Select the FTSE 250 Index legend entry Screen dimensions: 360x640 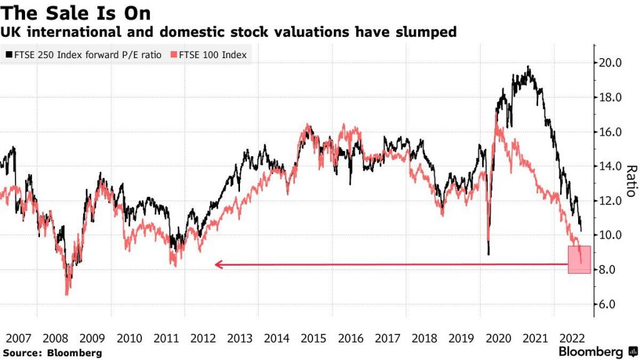tap(84, 55)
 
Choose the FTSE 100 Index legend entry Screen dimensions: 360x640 tap(210, 55)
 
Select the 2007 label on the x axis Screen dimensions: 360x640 tap(18, 338)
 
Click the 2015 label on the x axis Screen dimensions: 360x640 tap(313, 338)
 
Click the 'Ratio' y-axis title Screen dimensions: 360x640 tap(631, 181)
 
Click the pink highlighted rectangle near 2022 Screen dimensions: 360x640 tap(579, 259)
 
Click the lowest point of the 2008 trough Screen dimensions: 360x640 tap(67, 294)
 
